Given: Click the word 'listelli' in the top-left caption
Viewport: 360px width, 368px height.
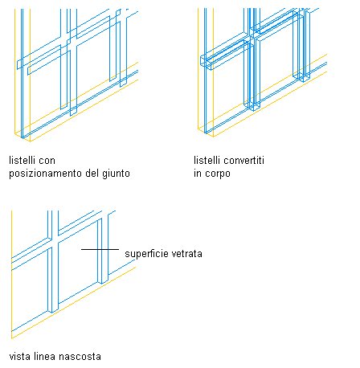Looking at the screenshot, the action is (x=22, y=160).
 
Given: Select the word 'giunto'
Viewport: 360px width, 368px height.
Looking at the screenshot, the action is (x=116, y=174).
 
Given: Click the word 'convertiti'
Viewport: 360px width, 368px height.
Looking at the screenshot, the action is (x=244, y=160).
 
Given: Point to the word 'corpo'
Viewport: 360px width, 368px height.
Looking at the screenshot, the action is (x=218, y=174).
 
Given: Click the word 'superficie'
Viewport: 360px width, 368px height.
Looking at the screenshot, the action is (x=146, y=254).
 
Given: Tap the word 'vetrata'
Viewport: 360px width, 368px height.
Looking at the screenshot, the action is (x=187, y=254).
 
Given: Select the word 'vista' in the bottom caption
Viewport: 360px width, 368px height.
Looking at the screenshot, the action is (x=19, y=357).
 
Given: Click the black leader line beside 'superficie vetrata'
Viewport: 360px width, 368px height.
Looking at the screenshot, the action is (x=100, y=249).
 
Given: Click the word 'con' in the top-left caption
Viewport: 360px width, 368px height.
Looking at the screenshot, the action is (x=48, y=161).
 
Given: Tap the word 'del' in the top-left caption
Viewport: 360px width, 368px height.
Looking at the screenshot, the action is (x=92, y=173).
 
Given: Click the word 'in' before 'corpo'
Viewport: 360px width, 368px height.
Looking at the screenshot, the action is (x=198, y=174).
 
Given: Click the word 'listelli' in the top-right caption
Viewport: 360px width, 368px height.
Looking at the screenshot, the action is (x=207, y=160).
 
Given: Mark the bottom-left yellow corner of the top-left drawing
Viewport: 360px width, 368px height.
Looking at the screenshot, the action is (x=15, y=133).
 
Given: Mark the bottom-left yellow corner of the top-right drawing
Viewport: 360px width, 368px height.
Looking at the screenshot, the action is (x=198, y=129).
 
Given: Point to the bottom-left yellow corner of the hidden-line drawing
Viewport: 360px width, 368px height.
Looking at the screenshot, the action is (x=11, y=338).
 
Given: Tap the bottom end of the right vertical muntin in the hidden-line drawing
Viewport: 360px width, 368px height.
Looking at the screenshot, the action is (x=103, y=283).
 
